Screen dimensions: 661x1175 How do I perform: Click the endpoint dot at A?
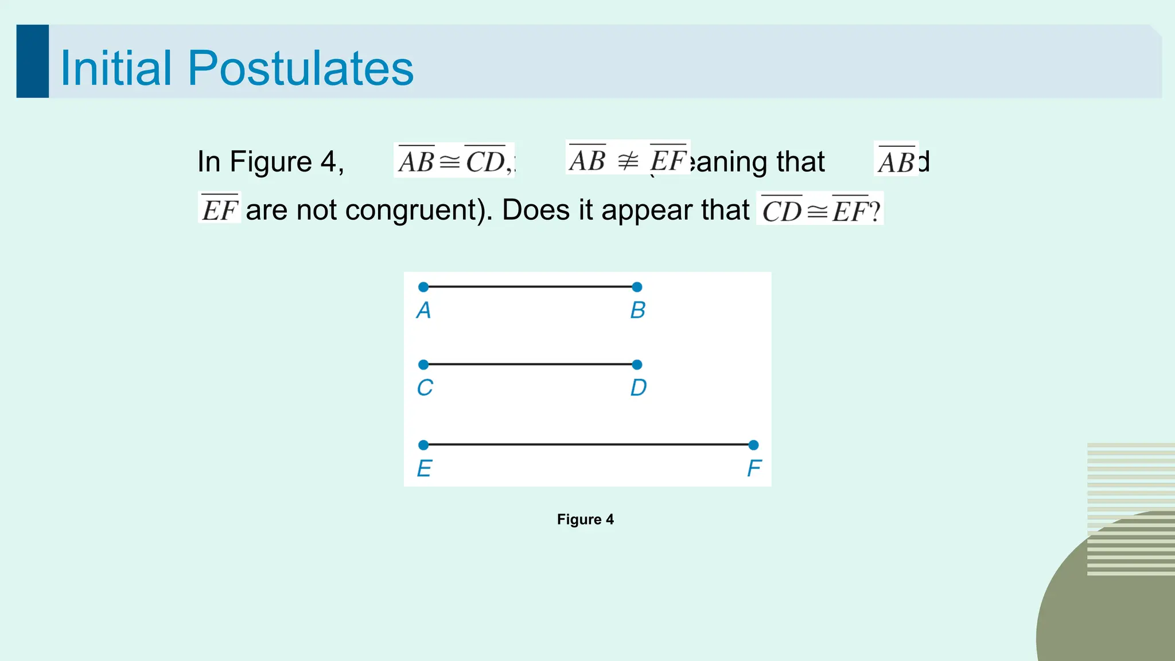pos(423,287)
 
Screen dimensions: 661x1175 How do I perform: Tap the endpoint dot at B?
pos(637,287)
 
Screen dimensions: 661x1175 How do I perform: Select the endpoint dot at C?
pos(423,364)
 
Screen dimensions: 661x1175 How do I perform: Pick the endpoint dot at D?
pos(637,364)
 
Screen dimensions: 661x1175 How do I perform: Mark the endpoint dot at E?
pos(423,445)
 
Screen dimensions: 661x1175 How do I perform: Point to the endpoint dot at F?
pos(753,445)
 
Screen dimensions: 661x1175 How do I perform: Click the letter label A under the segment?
pos(423,310)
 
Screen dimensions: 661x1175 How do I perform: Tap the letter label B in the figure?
pos(637,310)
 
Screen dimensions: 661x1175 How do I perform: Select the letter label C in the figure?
pos(425,388)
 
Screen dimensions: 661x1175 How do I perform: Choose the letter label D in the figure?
pos(638,388)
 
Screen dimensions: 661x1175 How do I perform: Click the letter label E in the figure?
pos(424,469)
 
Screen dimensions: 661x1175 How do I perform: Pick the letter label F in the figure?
pos(754,469)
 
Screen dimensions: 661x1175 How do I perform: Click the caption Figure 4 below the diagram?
pos(585,519)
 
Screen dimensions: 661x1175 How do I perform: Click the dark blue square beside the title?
pos(33,61)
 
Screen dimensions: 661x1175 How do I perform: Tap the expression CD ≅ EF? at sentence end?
pos(820,210)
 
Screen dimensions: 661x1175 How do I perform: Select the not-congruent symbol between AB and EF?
pos(628,161)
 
